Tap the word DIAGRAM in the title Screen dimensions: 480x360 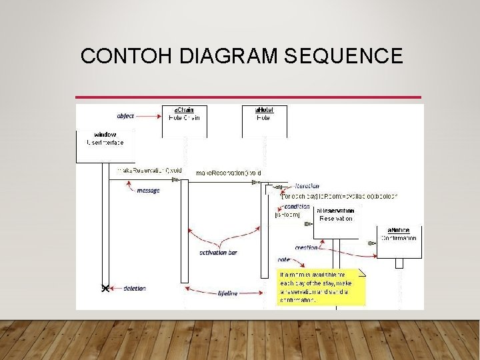228,56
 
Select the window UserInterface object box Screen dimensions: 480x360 105,146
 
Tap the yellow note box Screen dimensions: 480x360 322,287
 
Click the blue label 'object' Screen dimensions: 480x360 125,115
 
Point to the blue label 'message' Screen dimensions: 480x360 148,190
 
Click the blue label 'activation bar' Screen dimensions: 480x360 219,253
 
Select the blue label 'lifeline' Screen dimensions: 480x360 228,293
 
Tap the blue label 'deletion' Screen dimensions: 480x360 135,289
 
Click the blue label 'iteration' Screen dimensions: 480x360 307,186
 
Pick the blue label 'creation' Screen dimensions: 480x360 306,247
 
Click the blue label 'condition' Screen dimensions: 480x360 297,207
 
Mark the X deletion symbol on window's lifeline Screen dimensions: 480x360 105,288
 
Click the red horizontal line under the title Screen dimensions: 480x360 249,97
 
